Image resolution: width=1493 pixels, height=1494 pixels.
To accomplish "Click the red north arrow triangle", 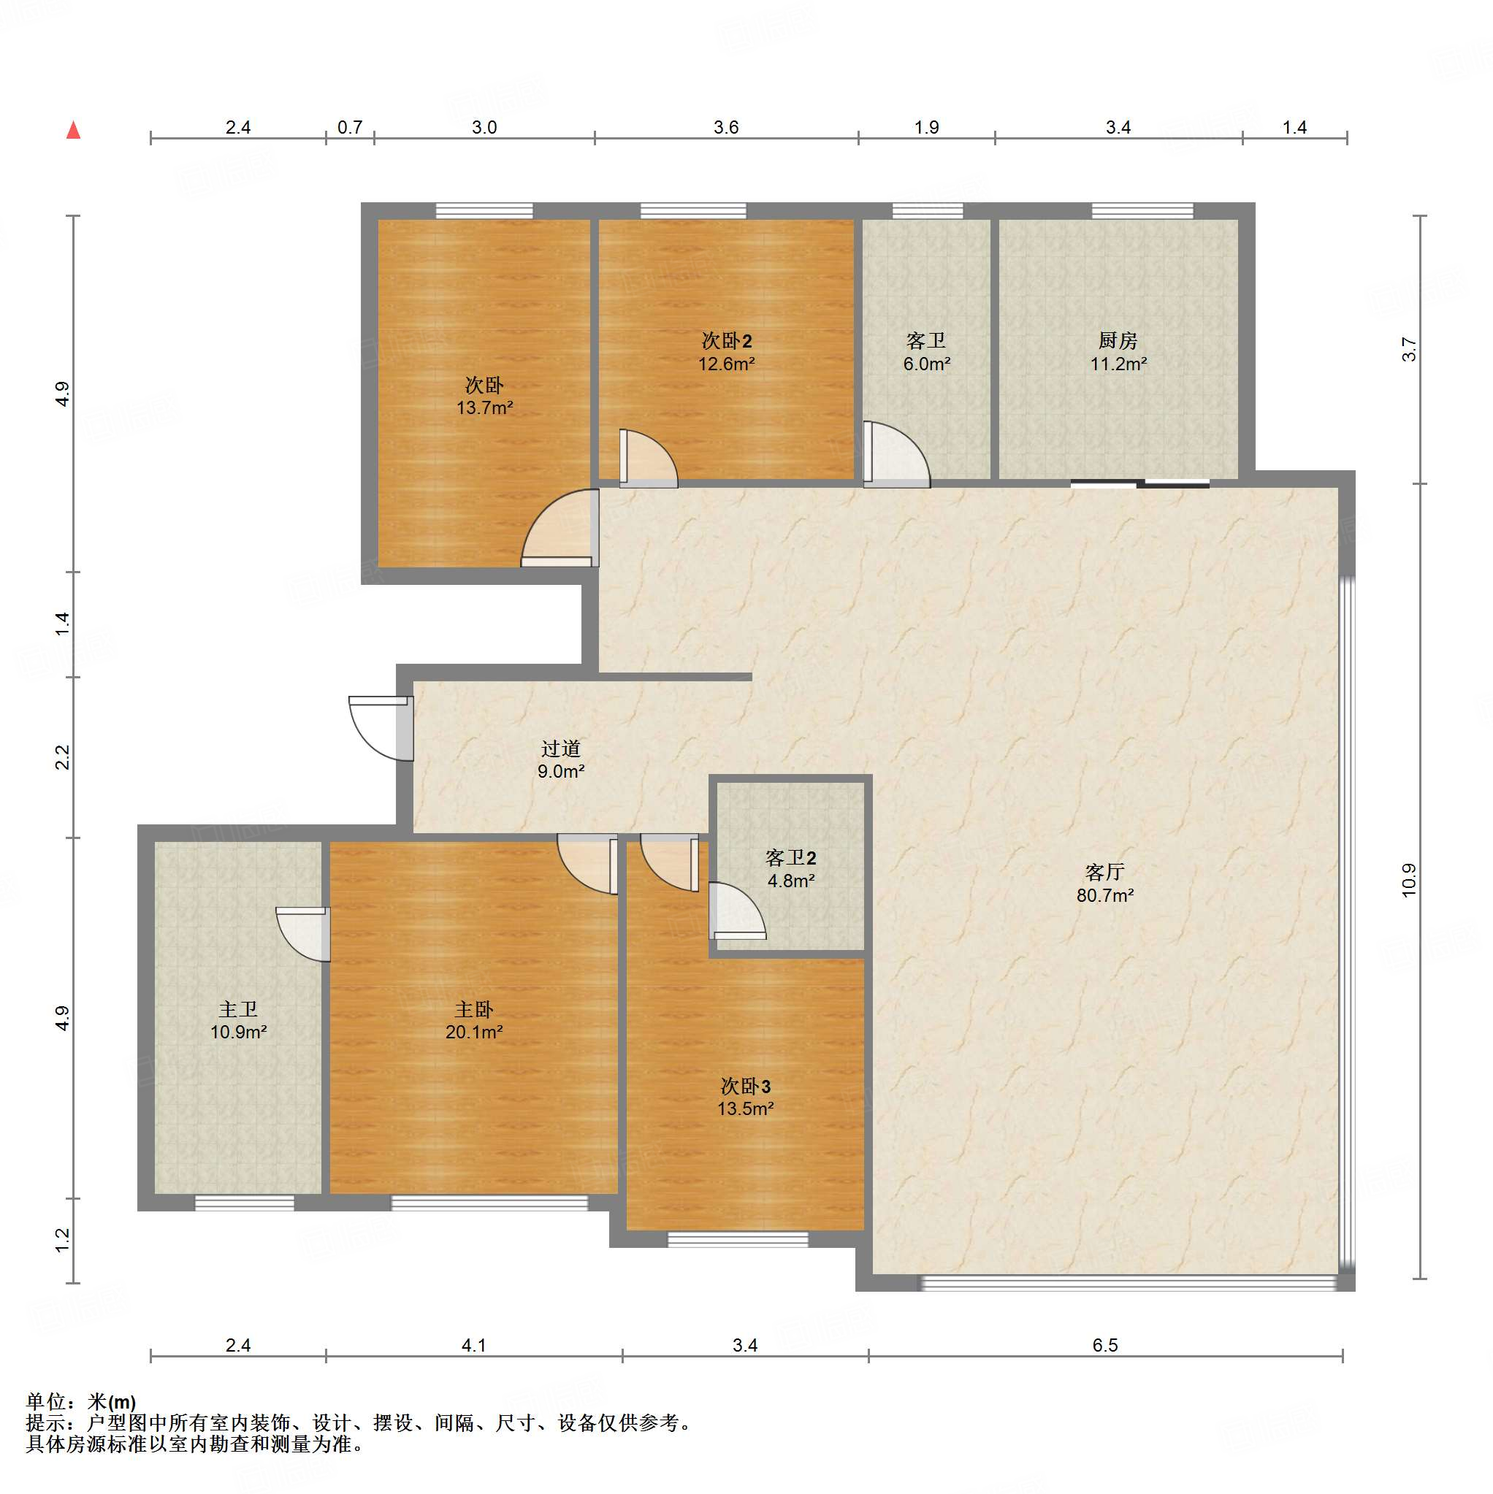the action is click(74, 130).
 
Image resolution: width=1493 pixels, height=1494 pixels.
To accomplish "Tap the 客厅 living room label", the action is click(1104, 873).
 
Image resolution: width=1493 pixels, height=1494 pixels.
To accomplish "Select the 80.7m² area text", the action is click(1104, 895).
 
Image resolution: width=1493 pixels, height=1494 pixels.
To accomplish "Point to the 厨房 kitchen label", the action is click(1118, 340).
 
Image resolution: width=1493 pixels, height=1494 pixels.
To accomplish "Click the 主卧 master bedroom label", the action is click(473, 1009).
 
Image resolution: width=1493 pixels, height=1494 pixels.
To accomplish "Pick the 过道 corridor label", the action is click(561, 748).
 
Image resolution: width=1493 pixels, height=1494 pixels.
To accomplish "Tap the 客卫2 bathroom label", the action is click(790, 857).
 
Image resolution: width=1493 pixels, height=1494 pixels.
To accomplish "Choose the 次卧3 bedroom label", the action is click(745, 1087).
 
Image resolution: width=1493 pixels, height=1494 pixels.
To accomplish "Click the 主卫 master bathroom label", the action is click(238, 1009).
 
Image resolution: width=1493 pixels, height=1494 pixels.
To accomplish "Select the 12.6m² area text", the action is click(726, 364).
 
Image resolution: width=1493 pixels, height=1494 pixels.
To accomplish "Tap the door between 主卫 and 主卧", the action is click(303, 934).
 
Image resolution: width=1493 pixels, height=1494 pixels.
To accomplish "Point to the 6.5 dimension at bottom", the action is click(1104, 1346).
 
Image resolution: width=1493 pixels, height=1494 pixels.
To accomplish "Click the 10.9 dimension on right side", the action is click(1409, 879).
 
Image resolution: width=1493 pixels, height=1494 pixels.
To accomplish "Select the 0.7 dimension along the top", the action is click(350, 127).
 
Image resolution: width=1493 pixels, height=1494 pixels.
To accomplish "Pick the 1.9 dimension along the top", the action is click(926, 127).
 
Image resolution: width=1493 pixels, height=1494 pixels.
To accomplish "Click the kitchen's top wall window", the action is click(1142, 210).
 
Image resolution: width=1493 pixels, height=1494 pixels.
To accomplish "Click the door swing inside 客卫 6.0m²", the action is click(896, 455).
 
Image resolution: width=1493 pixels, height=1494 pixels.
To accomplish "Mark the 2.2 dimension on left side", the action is click(63, 757).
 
